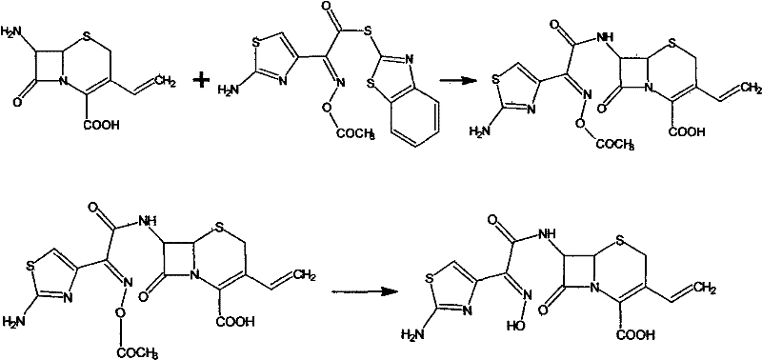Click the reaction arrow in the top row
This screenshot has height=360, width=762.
click(463, 80)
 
